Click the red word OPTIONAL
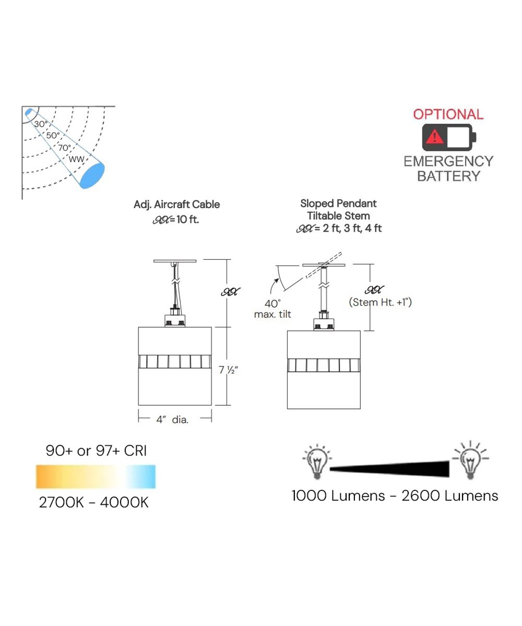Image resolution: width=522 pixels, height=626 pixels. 448,114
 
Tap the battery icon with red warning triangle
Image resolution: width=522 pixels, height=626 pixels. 448,137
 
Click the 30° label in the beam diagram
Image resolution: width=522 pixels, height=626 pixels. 41,124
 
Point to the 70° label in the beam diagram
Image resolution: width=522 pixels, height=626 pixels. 64,148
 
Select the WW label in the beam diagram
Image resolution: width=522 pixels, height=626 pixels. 76,158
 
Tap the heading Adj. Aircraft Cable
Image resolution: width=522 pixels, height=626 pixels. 176,204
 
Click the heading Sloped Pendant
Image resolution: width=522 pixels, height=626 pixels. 338,203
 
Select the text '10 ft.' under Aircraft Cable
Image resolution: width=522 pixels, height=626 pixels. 187,219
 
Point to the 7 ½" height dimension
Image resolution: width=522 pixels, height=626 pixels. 229,370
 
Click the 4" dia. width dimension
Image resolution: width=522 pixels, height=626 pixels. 173,419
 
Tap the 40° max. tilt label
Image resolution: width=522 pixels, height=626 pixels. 272,309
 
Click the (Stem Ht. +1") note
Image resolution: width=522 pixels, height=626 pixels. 379,302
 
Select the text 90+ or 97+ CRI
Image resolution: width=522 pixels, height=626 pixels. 96,451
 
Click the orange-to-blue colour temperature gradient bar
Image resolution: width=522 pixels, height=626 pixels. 96,476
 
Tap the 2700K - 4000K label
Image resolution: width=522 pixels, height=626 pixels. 93,502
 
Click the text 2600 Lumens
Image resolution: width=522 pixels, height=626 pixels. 449,496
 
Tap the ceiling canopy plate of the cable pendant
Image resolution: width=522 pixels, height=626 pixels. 175,260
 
